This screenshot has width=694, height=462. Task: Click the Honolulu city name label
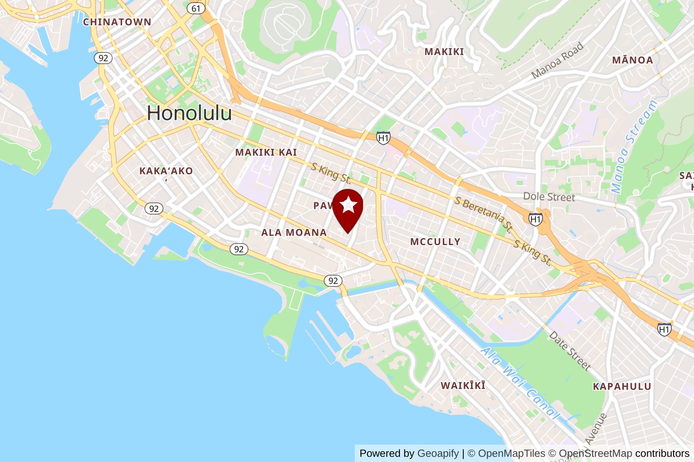189,114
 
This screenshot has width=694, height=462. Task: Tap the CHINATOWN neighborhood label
117,22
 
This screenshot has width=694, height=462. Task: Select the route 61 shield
196,8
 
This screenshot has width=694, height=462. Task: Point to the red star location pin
348,208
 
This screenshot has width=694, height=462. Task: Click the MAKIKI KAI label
266,153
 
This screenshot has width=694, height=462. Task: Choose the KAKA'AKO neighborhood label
166,171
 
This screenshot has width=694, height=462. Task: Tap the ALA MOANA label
294,233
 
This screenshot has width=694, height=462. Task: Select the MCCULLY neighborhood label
435,242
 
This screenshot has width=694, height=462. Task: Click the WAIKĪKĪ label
463,385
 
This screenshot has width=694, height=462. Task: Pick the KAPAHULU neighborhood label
622,387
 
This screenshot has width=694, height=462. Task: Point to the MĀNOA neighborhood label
632,60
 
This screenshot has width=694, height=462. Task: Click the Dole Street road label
549,197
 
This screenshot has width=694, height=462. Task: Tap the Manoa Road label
557,61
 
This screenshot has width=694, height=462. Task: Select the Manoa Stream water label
634,146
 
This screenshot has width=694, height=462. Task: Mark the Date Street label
570,351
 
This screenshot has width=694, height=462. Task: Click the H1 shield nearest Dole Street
536,219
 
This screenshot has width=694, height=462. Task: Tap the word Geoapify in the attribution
438,453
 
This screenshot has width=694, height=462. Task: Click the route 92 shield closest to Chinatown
103,58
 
